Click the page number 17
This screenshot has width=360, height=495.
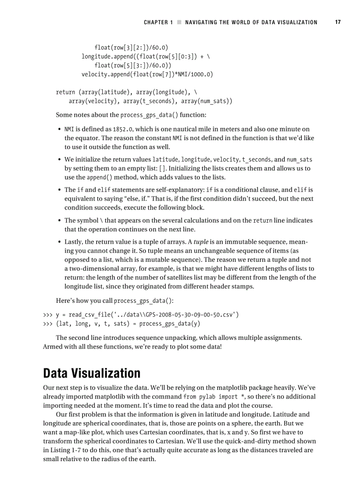[x=337, y=22]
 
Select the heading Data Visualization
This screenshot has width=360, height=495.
[x=91, y=373]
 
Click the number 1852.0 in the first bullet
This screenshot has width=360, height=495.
[x=122, y=129]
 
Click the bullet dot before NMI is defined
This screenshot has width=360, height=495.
[x=60, y=130]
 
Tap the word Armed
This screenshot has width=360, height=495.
[x=52, y=346]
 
